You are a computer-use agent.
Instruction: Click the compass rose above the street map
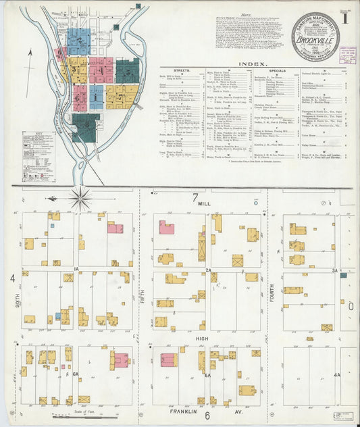click(x=80, y=198)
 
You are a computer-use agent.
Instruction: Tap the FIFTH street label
click(x=143, y=295)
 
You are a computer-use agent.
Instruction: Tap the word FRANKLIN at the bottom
click(x=184, y=411)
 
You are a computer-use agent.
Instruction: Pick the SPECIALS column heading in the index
click(x=277, y=70)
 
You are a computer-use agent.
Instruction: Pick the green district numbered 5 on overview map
click(x=126, y=70)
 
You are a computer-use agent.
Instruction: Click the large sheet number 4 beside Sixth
click(x=12, y=278)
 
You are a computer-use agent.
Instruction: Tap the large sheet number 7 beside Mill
click(x=195, y=198)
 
